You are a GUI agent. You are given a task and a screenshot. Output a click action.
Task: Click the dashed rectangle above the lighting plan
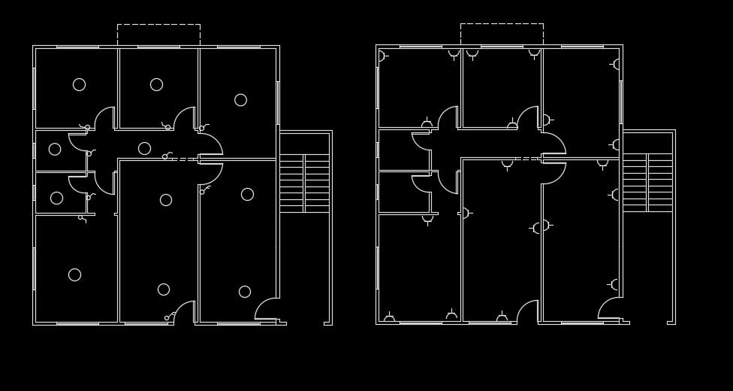point(158,35)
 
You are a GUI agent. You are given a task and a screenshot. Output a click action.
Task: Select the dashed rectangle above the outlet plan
point(502,34)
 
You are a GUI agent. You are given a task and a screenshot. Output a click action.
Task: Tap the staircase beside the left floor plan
point(304,183)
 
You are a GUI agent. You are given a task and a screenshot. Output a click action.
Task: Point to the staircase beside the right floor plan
point(647,182)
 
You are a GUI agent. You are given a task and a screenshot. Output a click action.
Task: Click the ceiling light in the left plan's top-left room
point(79,84)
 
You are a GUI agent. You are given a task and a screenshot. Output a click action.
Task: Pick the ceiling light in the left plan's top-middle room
point(156,84)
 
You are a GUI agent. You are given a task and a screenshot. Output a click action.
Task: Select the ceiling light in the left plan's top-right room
point(240,100)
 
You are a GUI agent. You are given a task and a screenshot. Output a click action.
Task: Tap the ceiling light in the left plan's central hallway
point(144,148)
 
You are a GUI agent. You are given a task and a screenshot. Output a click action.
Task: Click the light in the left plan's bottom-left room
point(74,274)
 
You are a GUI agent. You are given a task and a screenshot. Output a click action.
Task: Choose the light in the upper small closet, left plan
point(55,149)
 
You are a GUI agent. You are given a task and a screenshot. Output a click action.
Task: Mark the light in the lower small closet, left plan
point(56,198)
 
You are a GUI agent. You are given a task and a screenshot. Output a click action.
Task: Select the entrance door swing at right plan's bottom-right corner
point(609,309)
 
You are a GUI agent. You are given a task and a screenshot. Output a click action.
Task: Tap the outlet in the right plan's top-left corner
point(382,56)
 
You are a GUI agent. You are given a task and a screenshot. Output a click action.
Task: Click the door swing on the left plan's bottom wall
point(184,312)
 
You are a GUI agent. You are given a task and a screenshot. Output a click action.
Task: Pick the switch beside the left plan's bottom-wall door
point(167,317)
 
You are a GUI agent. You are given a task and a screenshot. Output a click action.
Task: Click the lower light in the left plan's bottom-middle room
point(164,289)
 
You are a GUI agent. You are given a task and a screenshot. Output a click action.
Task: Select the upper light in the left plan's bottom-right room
point(247,194)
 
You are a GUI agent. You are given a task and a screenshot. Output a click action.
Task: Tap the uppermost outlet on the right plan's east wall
point(617,65)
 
